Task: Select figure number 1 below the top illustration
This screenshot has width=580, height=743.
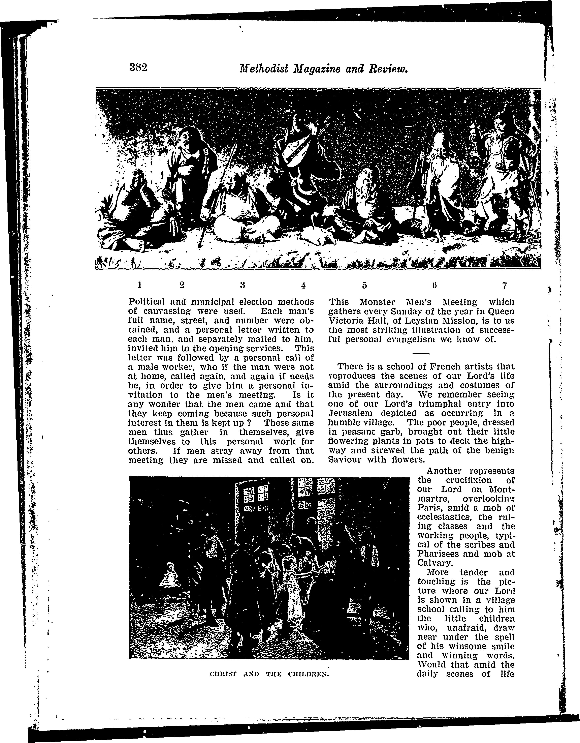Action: [x=139, y=284]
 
